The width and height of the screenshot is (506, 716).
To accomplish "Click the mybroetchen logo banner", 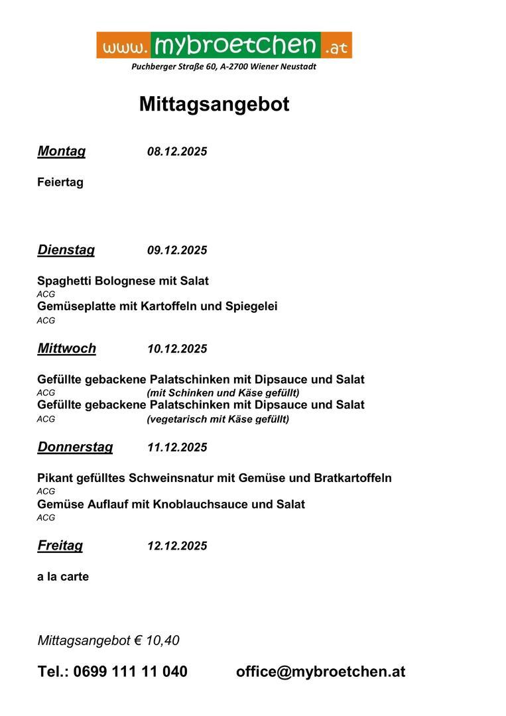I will pyautogui.click(x=224, y=44).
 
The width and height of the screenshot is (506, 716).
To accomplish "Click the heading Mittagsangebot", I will pyautogui.click(x=214, y=104).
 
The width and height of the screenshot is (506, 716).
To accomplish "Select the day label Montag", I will pyautogui.click(x=62, y=151).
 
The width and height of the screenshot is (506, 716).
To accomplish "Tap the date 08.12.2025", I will pyautogui.click(x=177, y=152).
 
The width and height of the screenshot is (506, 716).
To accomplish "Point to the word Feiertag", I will pyautogui.click(x=60, y=182).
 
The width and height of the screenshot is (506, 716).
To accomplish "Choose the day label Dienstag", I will pyautogui.click(x=66, y=250).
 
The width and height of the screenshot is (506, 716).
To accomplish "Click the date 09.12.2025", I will pyautogui.click(x=177, y=251).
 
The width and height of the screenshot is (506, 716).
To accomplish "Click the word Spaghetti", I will pyautogui.click(x=64, y=281).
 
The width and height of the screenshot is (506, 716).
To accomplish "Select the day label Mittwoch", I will pyautogui.click(x=67, y=349).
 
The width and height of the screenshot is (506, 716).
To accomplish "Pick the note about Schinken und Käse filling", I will pyautogui.click(x=223, y=392).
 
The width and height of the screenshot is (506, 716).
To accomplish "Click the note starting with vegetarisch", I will pyautogui.click(x=218, y=419).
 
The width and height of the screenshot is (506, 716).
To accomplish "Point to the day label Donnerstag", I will pyautogui.click(x=75, y=447).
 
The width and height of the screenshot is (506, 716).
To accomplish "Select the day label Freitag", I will pyautogui.click(x=60, y=546).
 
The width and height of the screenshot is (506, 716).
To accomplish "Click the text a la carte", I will pyautogui.click(x=63, y=577).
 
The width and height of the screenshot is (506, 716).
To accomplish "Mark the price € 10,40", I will pyautogui.click(x=157, y=640).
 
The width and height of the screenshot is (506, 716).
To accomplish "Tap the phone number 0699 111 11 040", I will pyautogui.click(x=130, y=672).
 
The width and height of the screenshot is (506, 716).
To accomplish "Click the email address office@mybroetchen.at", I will pyautogui.click(x=320, y=672).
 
